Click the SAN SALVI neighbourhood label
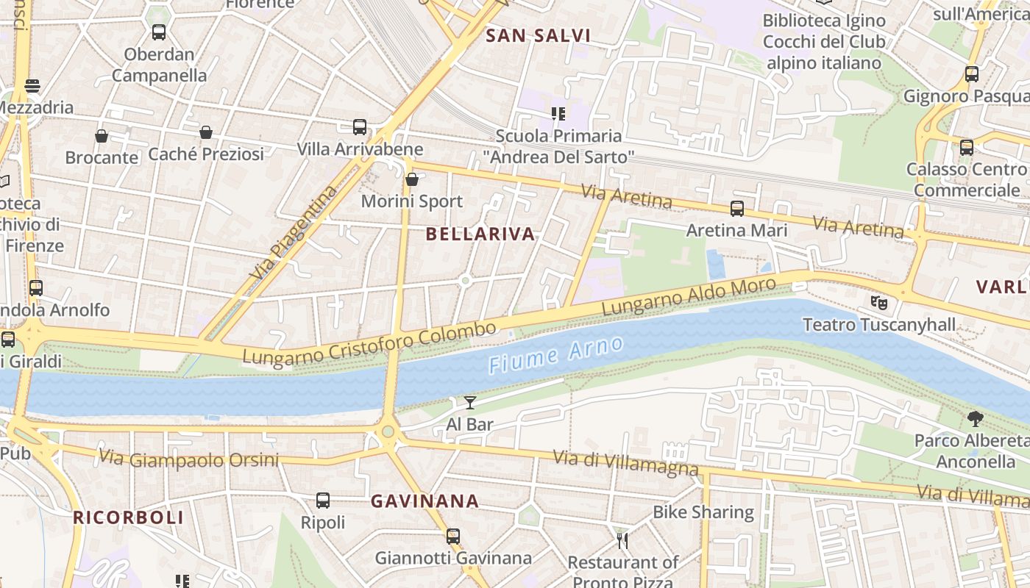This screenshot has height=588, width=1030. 538,35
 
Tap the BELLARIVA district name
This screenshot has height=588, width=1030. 480,234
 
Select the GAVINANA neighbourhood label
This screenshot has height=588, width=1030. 425,501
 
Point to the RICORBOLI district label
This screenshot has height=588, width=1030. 128,517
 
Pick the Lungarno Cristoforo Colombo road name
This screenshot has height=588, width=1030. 369,343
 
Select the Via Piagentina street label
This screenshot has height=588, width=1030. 293,232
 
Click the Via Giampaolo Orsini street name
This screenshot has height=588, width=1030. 189,459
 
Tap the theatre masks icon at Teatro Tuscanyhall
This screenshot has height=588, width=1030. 878,302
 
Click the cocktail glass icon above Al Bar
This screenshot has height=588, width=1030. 470,402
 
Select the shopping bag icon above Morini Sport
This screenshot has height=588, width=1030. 412,179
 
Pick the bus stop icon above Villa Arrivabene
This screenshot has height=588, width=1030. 360,127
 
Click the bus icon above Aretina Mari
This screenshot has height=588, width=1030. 737,209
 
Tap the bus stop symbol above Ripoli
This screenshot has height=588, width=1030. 322,501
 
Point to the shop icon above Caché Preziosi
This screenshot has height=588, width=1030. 206,132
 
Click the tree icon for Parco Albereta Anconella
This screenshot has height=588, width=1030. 976,419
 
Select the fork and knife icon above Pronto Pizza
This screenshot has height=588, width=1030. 623,541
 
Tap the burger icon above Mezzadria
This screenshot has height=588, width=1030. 32,86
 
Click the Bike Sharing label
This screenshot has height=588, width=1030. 703,512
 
